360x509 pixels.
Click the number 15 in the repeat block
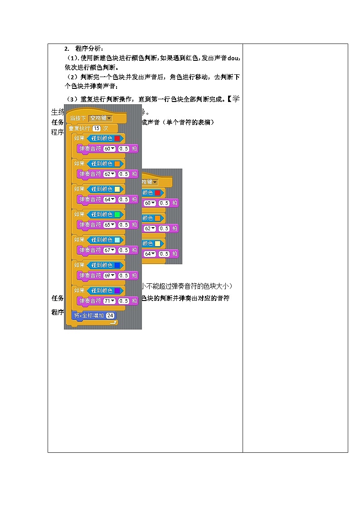pyautogui.click(x=96, y=128)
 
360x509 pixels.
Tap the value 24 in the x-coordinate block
pyautogui.click(x=110, y=315)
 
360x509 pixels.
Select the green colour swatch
pyautogui.click(x=117, y=214)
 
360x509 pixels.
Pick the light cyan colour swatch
pyautogui.click(x=117, y=239)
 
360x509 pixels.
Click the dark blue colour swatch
pyautogui.click(x=117, y=265)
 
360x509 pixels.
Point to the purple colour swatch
pyautogui.click(x=117, y=290)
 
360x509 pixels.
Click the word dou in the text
pyautogui.click(x=233, y=58)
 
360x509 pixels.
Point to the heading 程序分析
pyautogui.click(x=89, y=48)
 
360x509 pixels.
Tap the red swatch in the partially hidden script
pyautogui.click(x=157, y=193)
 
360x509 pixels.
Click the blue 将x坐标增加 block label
pyautogui.click(x=89, y=315)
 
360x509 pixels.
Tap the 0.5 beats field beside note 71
pyautogui.click(x=124, y=301)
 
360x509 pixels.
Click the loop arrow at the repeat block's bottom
pyautogui.click(x=114, y=322)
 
